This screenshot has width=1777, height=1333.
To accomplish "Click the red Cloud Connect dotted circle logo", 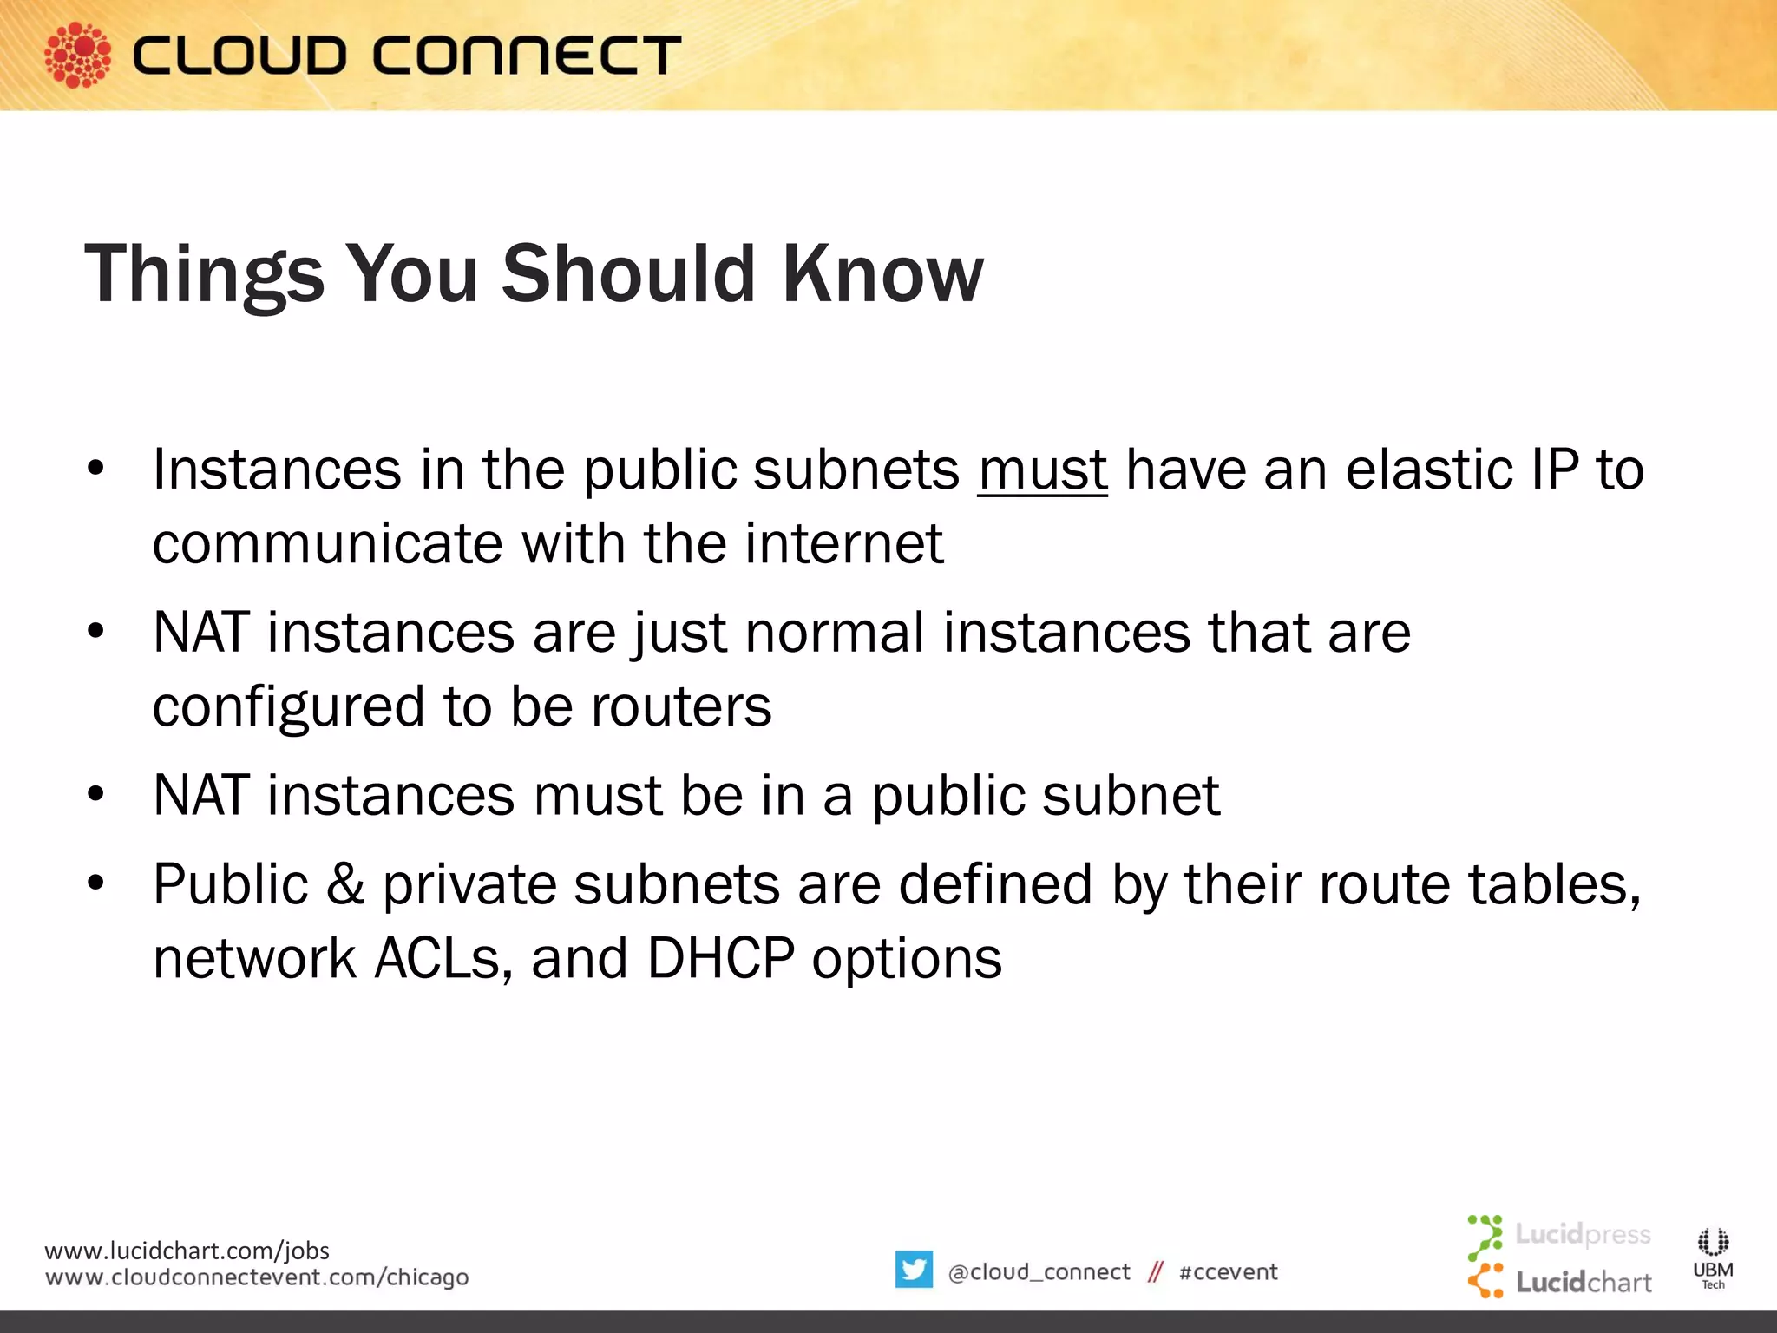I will (x=77, y=55).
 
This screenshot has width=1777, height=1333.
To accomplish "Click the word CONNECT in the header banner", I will (x=527, y=56).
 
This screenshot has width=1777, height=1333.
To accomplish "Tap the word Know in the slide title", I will (x=882, y=274).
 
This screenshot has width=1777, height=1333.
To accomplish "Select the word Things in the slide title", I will (x=204, y=274).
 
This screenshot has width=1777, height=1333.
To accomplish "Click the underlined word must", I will (x=1042, y=470).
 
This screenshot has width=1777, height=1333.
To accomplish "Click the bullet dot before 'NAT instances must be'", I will (x=95, y=793).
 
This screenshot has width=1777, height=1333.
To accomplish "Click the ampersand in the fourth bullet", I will (x=344, y=885).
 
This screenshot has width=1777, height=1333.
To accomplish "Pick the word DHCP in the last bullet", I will (x=720, y=959).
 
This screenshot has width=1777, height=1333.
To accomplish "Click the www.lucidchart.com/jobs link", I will (x=187, y=1251).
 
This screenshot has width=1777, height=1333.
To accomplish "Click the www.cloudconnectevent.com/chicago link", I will (x=257, y=1277).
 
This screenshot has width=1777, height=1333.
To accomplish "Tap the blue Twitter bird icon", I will (x=914, y=1270).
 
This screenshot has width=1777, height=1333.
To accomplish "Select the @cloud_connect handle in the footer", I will (x=1039, y=1272).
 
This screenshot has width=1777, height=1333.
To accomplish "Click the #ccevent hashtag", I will (x=1228, y=1272).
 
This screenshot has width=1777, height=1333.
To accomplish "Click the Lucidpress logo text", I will (x=1582, y=1233).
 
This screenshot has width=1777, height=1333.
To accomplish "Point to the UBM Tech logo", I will (x=1713, y=1257).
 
